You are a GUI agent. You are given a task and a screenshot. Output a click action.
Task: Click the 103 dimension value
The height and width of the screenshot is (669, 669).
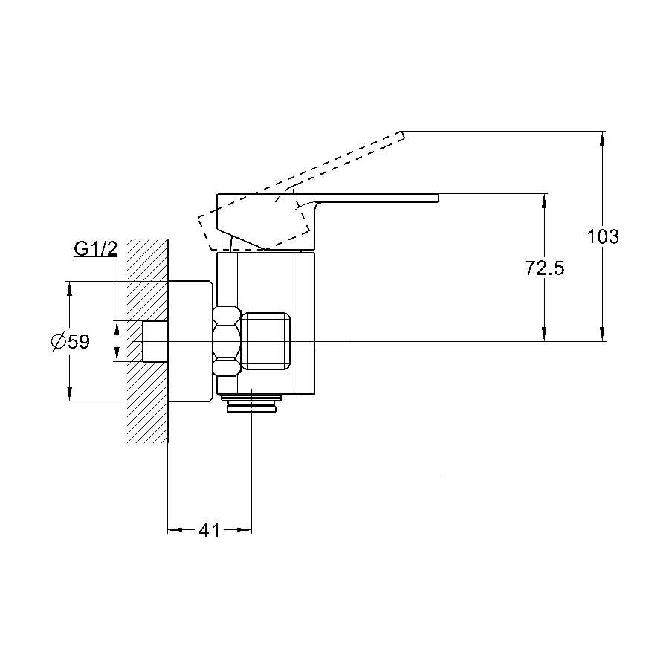coord(602,236)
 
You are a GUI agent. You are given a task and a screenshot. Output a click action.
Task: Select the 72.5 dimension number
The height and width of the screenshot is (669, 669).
coord(544,268)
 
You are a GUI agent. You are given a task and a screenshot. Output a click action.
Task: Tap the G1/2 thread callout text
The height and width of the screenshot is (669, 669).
coord(96,249)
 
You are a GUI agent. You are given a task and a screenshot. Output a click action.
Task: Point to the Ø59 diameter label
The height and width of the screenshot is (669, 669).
coord(71,341)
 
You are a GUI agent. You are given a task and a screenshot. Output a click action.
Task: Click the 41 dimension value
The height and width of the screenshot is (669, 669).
coord(209,530)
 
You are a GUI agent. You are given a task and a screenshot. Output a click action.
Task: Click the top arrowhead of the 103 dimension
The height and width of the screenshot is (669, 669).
coord(602,138)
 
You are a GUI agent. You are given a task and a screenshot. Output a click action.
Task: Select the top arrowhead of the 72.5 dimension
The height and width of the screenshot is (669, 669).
coord(544,201)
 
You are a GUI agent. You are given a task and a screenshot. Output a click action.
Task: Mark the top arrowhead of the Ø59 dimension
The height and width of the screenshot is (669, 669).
coord(70,289)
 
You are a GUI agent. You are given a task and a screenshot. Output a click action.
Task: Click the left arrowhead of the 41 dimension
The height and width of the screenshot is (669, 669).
coord(175,530)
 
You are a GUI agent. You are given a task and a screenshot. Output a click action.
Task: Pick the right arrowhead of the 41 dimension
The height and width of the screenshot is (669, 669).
coord(244,530)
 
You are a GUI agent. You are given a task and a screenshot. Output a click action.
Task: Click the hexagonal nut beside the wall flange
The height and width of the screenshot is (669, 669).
coord(227,341)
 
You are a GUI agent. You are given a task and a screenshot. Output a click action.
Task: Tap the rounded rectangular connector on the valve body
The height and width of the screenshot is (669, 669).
coord(266,341)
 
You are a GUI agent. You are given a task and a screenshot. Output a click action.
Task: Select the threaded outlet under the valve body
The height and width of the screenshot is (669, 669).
coord(251,404)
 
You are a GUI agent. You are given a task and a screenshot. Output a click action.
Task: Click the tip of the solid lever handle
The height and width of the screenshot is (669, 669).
coord(438,198)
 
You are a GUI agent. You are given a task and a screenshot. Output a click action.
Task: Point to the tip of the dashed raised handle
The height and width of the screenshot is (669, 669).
coord(402,135)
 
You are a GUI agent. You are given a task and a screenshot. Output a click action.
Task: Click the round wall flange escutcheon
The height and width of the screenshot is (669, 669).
coord(190,341)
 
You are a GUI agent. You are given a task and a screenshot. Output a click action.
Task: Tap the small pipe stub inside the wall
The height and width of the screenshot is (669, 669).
coord(155,341)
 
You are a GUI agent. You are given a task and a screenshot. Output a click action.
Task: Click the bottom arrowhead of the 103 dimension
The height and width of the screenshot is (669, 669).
coord(602,334)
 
